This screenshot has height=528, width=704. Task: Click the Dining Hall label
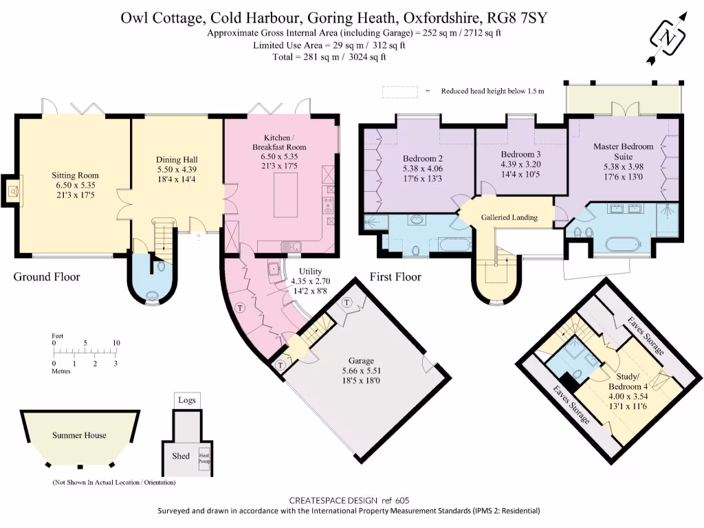point(177,159)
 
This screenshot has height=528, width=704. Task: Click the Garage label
point(360,361)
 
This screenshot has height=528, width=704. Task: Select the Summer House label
point(79,435)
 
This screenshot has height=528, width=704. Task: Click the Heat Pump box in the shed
point(203,461)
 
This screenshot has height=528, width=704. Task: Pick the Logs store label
point(186,399)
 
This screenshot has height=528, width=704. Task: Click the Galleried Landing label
point(509,217)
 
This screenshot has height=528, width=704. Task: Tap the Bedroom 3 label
point(520,154)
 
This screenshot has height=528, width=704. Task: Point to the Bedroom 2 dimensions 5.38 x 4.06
point(421,168)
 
